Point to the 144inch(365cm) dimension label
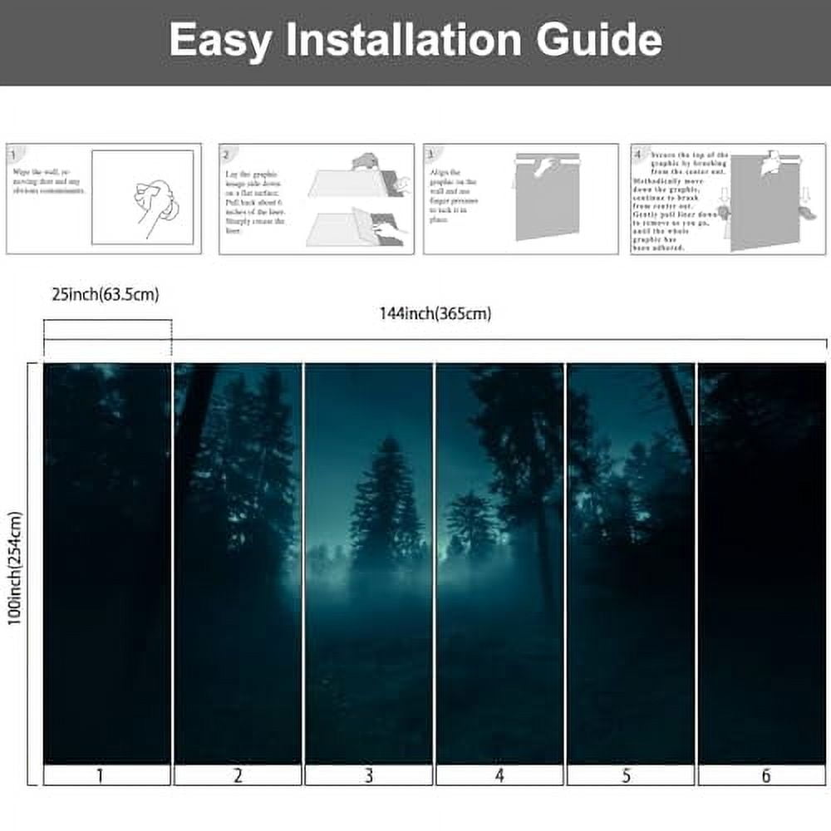pos(435,313)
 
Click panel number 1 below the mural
pos(100,776)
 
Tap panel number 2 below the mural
pos(238,776)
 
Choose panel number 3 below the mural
pos(368,776)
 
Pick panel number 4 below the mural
pos(499,776)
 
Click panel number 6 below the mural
pos(765,776)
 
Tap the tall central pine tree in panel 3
pos(384,499)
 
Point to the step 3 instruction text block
pos(454,199)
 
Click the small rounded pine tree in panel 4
pos(472,519)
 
